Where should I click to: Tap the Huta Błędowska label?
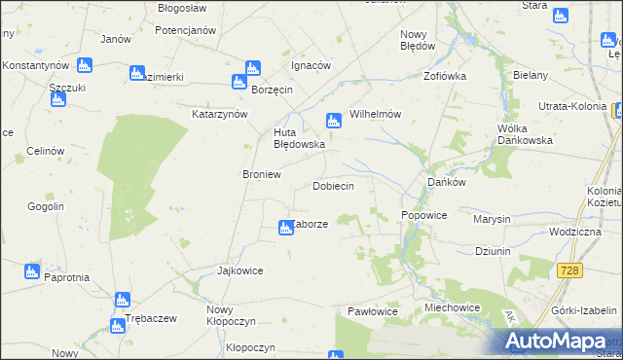point(298,138)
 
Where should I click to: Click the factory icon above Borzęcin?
point(252,69)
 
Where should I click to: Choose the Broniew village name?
point(261,174)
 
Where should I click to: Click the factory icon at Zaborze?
point(286,227)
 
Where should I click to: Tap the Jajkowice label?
point(240,270)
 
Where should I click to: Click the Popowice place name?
point(423,215)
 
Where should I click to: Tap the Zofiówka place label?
point(445,75)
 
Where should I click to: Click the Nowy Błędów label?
point(417,39)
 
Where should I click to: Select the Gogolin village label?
point(47,206)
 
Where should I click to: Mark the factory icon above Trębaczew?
point(122,301)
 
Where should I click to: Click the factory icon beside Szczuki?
point(83,65)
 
